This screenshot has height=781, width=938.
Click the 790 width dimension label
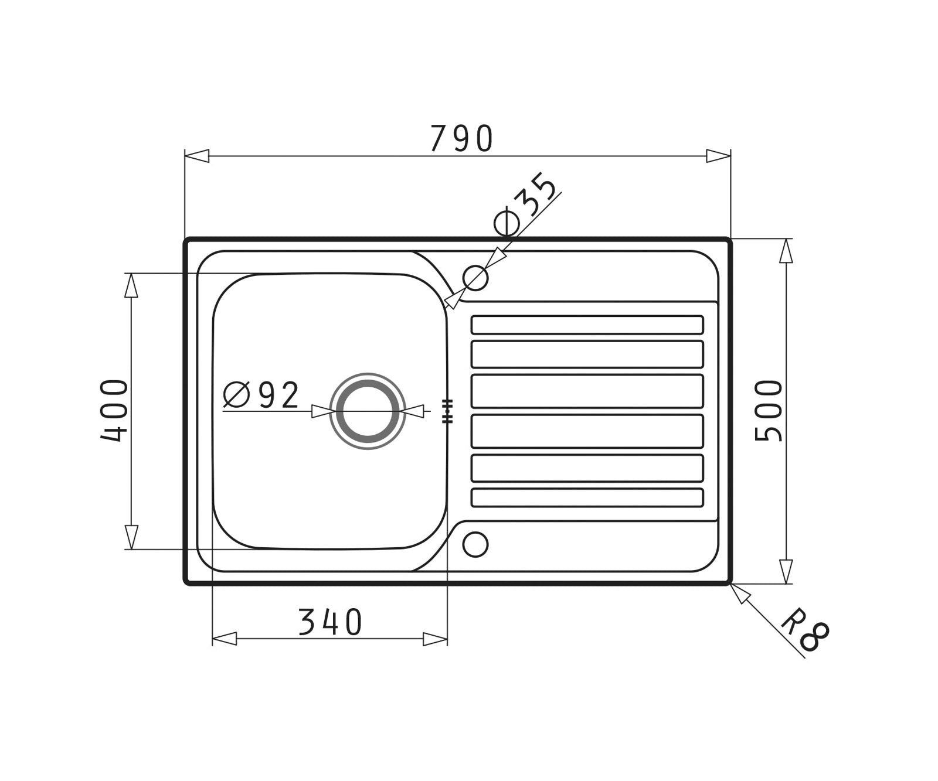click(461, 139)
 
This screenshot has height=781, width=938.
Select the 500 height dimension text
click(769, 411)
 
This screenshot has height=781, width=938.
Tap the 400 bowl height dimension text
click(114, 411)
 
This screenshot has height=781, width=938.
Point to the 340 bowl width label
click(330, 622)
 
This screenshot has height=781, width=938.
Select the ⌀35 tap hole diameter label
click(526, 206)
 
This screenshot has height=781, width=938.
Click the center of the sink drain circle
click(368, 411)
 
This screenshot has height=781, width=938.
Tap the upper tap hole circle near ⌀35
click(475, 278)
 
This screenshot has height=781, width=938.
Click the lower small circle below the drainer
click(475, 544)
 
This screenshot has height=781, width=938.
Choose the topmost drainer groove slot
click(587, 325)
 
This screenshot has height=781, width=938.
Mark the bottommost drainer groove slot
click(587, 497)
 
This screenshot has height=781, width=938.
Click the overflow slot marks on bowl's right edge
click(447, 411)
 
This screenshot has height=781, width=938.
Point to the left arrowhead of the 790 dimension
click(197, 156)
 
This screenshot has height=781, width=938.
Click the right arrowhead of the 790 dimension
click(718, 156)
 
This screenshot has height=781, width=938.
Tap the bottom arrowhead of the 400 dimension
click(131, 537)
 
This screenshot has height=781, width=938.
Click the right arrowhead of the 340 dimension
click(435, 639)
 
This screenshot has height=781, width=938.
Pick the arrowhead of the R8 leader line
click(740, 594)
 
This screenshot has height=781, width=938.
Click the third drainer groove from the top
click(587, 391)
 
